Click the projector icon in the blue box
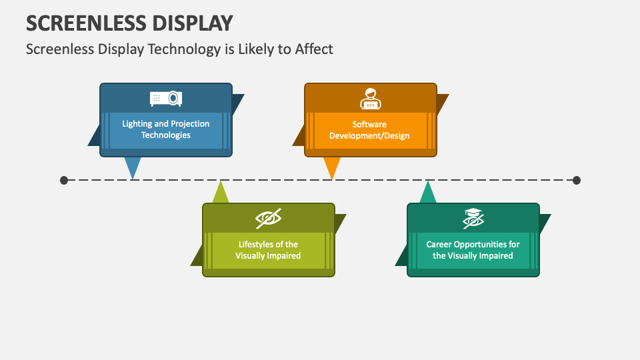pos(166,99)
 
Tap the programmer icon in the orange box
pos(371,99)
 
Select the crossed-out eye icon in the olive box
pos(268,218)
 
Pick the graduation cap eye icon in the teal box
pos(473,218)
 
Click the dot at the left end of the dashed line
pos(64,180)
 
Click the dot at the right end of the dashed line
pos(577,180)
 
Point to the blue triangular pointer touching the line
pos(133,167)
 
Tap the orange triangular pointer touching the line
pos(331,167)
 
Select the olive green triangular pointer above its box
pos(221,193)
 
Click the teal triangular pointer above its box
pos(427,193)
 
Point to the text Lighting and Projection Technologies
pos(166,129)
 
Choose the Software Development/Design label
pos(369,129)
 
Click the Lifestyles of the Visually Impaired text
pos(268,250)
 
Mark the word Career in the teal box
pos(440,244)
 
